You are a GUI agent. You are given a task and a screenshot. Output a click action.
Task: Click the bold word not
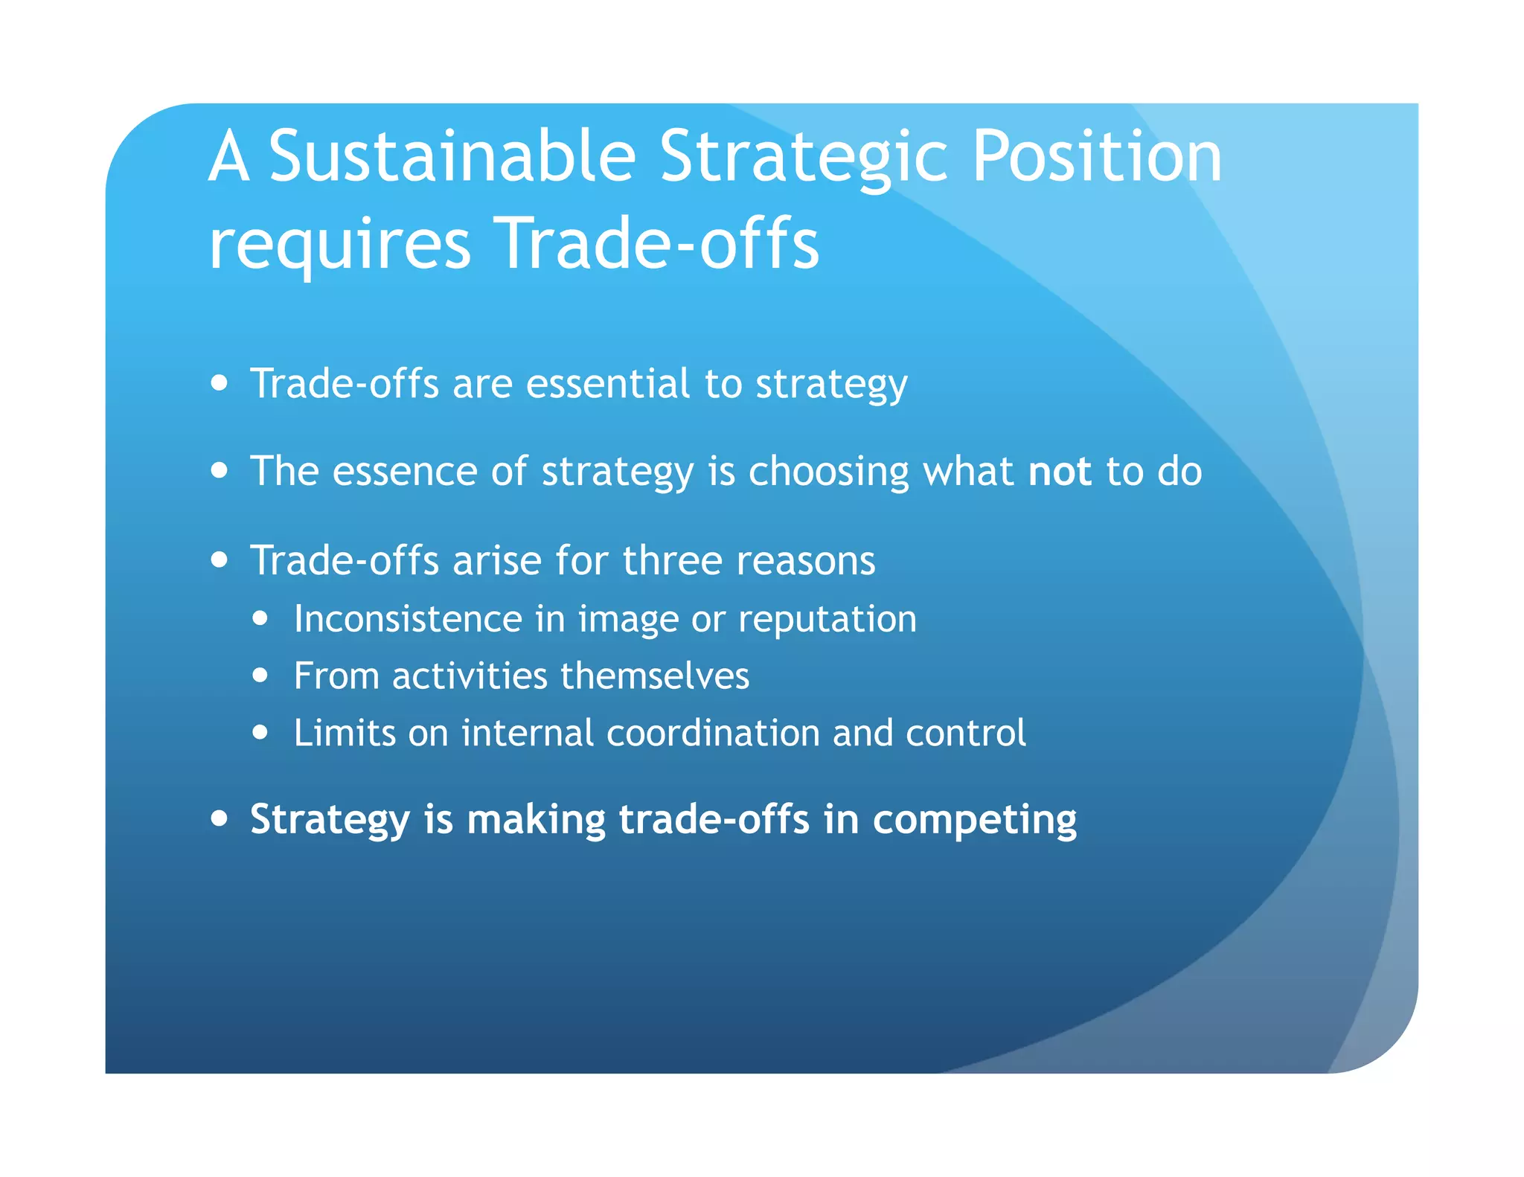[1059, 472]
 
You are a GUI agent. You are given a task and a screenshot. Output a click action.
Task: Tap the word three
[672, 560]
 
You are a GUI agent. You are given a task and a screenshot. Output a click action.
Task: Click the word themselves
[654, 676]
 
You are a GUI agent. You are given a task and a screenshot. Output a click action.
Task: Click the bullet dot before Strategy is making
[219, 818]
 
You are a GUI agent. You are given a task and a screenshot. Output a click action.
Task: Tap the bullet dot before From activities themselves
[260, 676]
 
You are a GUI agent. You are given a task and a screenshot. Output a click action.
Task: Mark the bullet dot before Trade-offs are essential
[219, 382]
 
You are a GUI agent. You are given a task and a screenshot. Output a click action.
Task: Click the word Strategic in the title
[804, 158]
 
